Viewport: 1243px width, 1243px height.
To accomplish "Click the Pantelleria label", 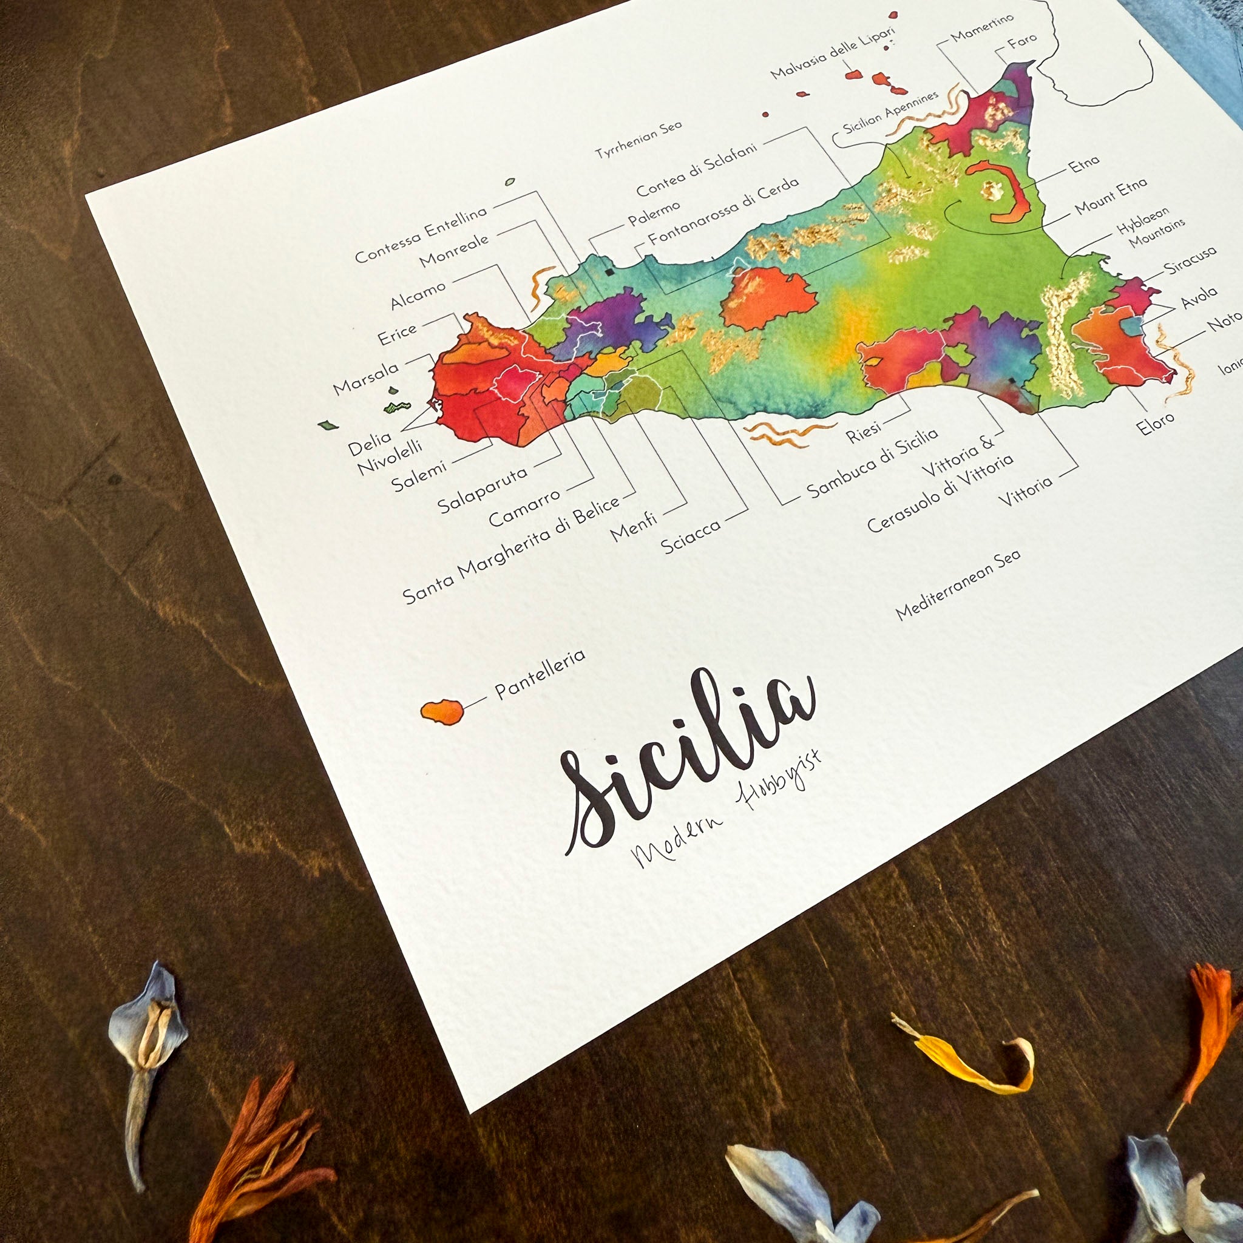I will pyautogui.click(x=540, y=674).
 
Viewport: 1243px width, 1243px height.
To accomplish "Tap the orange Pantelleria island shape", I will pyautogui.click(x=442, y=711).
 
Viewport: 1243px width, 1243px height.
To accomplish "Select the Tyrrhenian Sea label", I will pyautogui.click(x=638, y=140).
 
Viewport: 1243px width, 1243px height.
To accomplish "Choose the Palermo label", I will pyautogui.click(x=654, y=214).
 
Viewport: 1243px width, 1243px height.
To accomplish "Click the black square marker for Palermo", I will pyautogui.click(x=609, y=272).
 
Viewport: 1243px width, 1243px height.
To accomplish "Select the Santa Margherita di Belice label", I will pyautogui.click(x=512, y=550).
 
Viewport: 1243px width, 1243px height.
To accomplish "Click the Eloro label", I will pyautogui.click(x=1155, y=422).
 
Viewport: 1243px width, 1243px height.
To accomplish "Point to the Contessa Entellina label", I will pyautogui.click(x=421, y=235).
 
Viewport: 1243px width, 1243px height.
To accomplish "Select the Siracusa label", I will pyautogui.click(x=1190, y=259).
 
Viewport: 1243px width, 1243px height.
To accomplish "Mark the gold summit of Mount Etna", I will pyautogui.click(x=992, y=190).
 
